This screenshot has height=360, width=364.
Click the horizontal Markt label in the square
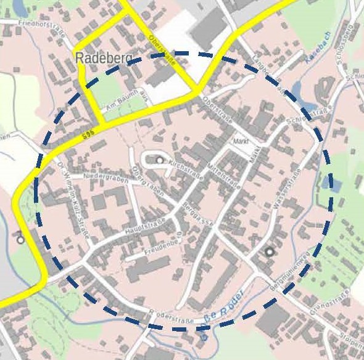240,141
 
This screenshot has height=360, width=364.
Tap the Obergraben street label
147,181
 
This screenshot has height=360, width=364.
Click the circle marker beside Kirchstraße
160,160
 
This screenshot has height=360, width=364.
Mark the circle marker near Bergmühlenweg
269,252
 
